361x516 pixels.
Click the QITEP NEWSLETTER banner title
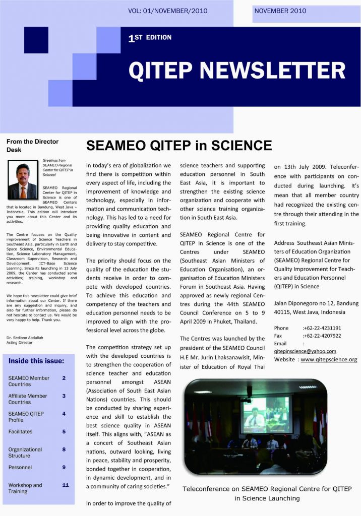[236, 71]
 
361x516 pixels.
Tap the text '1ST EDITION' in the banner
[150, 38]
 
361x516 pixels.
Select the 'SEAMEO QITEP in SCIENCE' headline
[179, 146]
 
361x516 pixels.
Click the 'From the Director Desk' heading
[32, 146]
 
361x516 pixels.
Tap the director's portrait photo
[23, 180]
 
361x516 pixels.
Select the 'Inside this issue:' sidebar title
[36, 361]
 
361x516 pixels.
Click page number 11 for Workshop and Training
[65, 485]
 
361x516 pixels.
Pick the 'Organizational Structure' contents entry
[25, 453]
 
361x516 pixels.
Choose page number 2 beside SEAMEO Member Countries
[64, 378]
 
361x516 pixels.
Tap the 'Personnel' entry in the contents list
[20, 467]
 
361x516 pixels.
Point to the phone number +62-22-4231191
[322, 328]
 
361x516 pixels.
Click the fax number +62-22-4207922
[322, 336]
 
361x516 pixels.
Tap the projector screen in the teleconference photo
[265, 416]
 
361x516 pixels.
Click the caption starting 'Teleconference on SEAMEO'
[267, 493]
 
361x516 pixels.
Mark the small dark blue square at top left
[36, 39]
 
